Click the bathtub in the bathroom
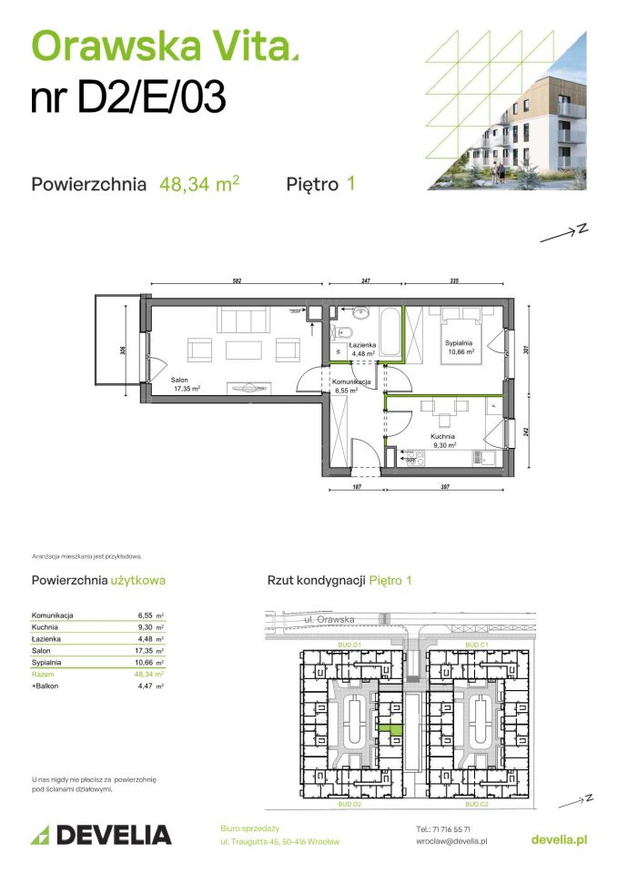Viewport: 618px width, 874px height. [390, 333]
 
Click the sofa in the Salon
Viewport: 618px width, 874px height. [243, 320]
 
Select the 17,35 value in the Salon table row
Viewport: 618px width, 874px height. [144, 651]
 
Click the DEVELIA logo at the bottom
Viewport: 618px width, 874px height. [101, 835]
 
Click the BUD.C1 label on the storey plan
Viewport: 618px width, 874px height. [478, 645]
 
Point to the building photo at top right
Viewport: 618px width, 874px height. [519, 118]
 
